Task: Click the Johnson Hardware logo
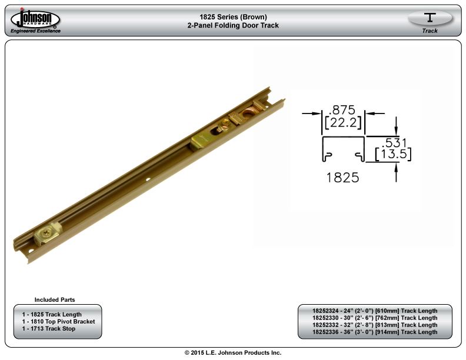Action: point(35,20)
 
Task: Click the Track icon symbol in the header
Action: point(430,18)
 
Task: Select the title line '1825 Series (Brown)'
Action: point(234,17)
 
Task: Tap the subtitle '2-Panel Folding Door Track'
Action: point(234,25)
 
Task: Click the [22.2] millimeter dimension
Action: point(343,122)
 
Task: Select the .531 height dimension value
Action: point(394,143)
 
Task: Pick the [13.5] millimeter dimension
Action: point(393,155)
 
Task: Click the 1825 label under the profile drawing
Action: point(342,178)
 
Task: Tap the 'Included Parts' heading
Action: point(55,299)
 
